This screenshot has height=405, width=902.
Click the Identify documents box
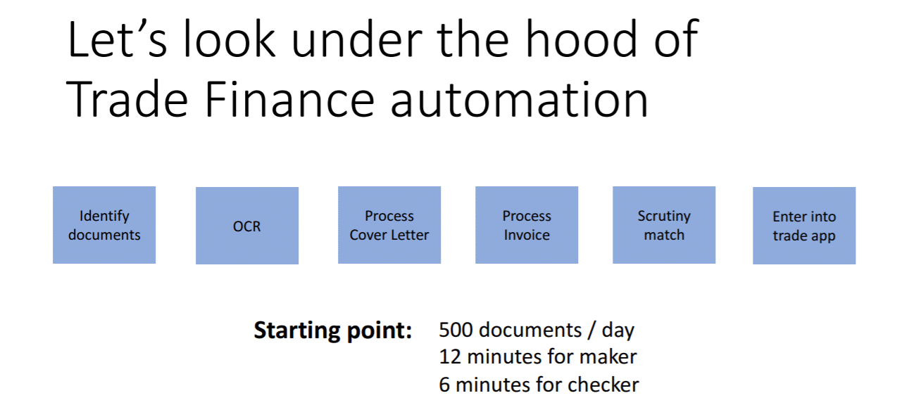point(104,225)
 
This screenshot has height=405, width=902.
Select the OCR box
point(247,226)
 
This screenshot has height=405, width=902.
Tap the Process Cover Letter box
point(389,225)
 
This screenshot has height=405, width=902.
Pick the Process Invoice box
point(527,225)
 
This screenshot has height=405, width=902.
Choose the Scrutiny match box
point(664,225)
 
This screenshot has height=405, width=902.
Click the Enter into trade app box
point(804,226)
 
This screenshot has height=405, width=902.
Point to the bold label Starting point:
point(333,330)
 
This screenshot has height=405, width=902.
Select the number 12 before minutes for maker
point(450,356)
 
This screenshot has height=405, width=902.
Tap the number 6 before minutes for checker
point(444,385)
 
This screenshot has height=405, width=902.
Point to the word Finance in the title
point(290,99)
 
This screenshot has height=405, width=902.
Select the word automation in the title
point(520,99)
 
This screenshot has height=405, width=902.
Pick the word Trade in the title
point(127,98)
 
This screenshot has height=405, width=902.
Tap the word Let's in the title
point(117,40)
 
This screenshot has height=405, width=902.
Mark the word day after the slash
point(618,331)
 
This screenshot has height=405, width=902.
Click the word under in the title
point(357,40)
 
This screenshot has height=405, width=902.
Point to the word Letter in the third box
point(409,235)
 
